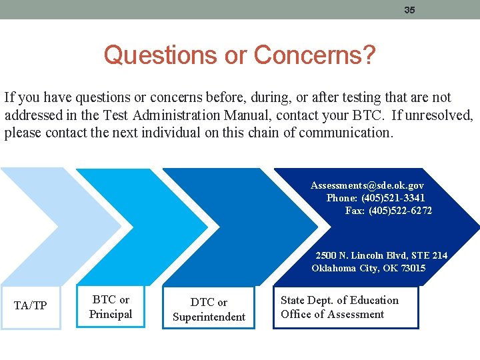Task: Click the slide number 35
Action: click(x=409, y=10)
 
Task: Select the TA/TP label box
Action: click(x=31, y=306)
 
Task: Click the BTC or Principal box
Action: click(x=111, y=307)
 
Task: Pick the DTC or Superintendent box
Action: click(x=209, y=309)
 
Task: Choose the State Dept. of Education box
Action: click(x=345, y=307)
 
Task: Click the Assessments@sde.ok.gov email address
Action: click(x=367, y=185)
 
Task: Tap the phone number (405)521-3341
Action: click(x=393, y=198)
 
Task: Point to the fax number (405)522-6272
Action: click(x=400, y=211)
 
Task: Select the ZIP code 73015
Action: click(x=411, y=268)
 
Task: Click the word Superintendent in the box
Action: click(x=209, y=317)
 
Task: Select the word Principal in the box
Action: click(x=111, y=314)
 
